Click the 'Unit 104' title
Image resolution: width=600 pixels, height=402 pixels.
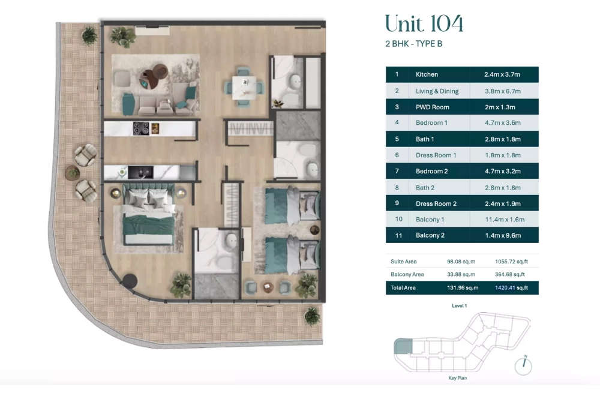click(424, 24)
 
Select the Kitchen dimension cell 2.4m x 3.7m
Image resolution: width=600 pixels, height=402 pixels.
click(502, 74)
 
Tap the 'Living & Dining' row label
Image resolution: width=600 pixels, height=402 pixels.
click(437, 91)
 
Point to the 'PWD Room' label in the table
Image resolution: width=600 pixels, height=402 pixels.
click(433, 107)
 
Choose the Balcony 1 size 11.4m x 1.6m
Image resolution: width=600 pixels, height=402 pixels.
click(505, 220)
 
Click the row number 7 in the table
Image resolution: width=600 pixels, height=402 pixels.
click(397, 171)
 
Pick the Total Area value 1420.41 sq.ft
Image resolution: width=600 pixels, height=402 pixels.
click(511, 287)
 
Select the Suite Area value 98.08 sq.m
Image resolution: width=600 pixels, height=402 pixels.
click(461, 262)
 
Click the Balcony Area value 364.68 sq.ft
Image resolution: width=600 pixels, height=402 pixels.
click(509, 274)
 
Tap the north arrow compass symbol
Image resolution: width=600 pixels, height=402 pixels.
click(523, 366)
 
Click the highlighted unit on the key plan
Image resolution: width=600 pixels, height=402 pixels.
click(403, 346)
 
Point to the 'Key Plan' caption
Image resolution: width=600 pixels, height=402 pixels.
click(458, 378)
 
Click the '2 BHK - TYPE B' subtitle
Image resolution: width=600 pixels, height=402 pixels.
click(413, 44)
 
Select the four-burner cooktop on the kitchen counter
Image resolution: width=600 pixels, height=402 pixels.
click(141, 128)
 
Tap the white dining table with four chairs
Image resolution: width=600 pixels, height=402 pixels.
click(244, 88)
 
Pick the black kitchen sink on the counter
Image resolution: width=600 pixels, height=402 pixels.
click(140, 173)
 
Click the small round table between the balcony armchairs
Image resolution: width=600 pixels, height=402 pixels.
click(73, 173)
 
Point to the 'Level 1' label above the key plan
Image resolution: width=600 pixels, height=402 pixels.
click(459, 305)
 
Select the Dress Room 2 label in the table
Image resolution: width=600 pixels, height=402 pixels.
click(436, 203)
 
